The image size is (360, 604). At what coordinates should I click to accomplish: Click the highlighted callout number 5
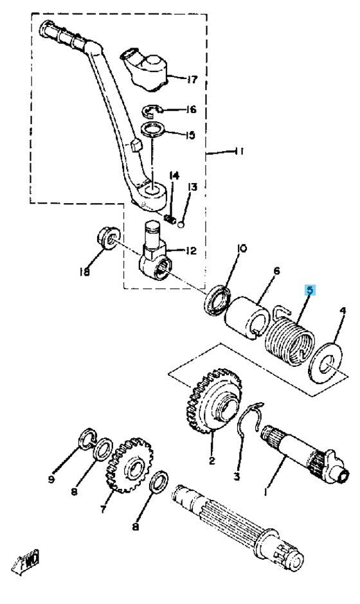pos(310,290)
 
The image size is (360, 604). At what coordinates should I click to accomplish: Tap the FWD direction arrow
pos(26,562)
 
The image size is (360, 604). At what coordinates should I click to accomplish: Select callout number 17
pos(192,80)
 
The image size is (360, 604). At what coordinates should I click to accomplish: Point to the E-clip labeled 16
pos(152,111)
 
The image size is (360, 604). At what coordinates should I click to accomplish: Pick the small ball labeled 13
pos(181,223)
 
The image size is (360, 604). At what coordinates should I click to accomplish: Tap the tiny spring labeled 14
pos(170,219)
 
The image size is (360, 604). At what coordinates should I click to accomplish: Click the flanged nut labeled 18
pos(107,238)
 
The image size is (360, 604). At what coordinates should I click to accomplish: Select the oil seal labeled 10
pos(217,299)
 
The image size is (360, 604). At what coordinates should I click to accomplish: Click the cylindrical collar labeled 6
pos(247,318)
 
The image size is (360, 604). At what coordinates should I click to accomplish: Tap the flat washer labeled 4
pos(325,362)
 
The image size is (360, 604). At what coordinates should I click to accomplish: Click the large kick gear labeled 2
pos(213,401)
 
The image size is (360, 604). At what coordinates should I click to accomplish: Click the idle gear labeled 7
pos(129,465)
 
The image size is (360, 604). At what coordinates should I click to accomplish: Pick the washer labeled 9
pos(88,439)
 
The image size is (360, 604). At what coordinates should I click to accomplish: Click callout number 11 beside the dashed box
pos(239,152)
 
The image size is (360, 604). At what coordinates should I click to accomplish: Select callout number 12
pos(191,251)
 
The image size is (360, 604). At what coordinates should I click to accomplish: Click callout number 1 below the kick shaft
pos(265,492)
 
